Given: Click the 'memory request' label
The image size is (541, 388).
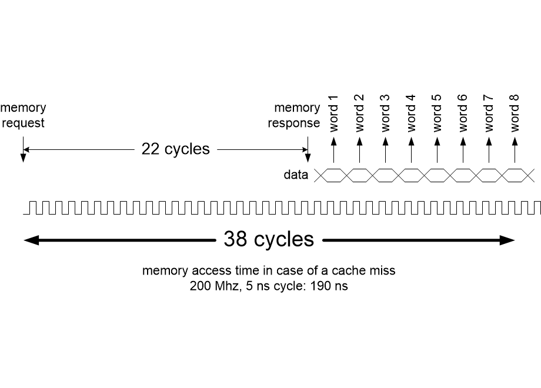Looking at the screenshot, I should pyautogui.click(x=23, y=115).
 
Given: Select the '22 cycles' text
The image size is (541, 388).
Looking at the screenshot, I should pyautogui.click(x=175, y=149).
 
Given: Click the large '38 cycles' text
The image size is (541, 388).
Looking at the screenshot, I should pyautogui.click(x=268, y=239).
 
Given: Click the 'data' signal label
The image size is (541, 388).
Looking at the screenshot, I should pyautogui.click(x=296, y=175).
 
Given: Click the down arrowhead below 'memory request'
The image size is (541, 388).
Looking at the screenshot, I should pyautogui.click(x=23, y=158).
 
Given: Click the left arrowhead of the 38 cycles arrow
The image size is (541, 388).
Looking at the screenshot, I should pyautogui.click(x=31, y=240).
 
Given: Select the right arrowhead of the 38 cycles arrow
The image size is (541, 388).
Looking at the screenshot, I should pyautogui.click(x=507, y=240).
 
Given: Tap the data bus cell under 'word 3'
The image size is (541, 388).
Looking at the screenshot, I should pyautogui.click(x=385, y=175).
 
